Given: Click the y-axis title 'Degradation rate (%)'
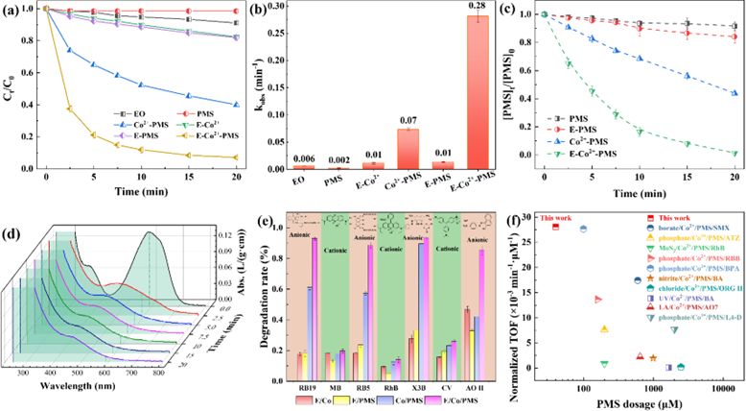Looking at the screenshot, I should [x=271, y=301].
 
